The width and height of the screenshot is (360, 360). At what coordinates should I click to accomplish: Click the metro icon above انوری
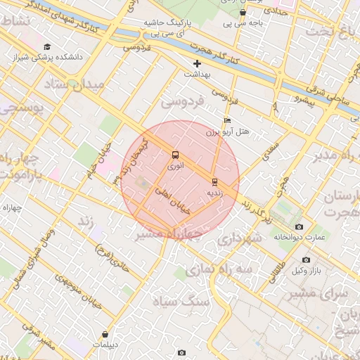(x=175, y=155)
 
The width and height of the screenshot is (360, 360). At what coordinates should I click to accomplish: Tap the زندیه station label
(x=214, y=192)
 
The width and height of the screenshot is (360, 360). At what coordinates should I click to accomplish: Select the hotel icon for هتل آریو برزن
(x=226, y=121)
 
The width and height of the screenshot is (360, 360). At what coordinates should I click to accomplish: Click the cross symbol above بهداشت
(x=197, y=64)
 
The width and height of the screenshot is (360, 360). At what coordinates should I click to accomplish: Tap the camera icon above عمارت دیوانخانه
(x=300, y=226)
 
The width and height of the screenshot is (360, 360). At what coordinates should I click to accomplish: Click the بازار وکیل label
(x=307, y=271)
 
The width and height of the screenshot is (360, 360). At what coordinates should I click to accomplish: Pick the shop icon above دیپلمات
(x=105, y=335)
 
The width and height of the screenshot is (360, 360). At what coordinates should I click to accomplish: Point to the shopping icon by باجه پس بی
(x=243, y=12)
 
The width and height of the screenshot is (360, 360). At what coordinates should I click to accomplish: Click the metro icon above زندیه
(x=214, y=181)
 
